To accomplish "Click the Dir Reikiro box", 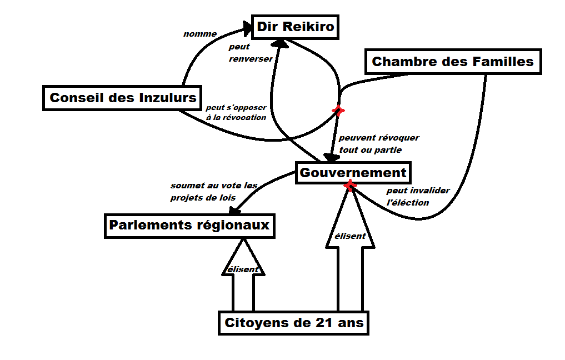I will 296,27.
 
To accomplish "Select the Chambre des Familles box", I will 453,62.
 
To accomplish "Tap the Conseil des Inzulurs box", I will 123,98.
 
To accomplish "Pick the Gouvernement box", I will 353,173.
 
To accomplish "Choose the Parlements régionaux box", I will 189,226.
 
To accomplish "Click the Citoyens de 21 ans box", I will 294,323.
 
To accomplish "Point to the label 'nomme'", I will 200,34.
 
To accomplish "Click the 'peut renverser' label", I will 250,53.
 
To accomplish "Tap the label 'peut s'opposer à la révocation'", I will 236,112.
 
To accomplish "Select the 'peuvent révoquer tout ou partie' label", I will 379,143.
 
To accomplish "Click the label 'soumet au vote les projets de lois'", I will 214,191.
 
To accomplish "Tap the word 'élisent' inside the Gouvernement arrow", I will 350,236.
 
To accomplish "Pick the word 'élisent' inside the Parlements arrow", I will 243,269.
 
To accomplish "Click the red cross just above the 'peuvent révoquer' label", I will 337,111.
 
